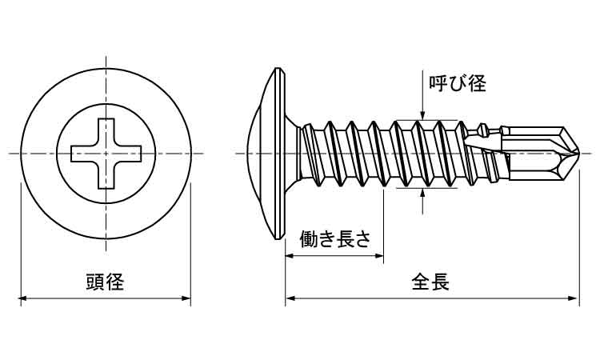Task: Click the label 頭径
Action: tap(105, 282)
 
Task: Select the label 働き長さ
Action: tap(334, 238)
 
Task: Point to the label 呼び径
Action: tap(458, 83)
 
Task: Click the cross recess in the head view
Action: tap(105, 153)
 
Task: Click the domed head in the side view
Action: tap(258, 153)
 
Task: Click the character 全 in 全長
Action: tap(421, 282)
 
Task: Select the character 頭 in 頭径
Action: tap(95, 282)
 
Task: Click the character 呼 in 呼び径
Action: tap(438, 83)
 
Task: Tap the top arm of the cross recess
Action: tap(105, 131)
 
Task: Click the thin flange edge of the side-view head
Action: tap(281, 153)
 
